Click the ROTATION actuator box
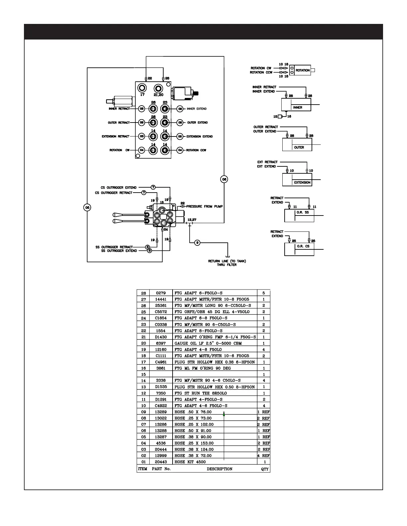point(303,70)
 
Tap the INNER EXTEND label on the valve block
point(197,109)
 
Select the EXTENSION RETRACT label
point(115,136)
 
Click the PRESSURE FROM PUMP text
point(204,207)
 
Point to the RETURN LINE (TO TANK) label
point(227,261)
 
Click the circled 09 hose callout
point(198,243)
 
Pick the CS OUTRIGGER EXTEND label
point(118,188)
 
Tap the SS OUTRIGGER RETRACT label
point(114,247)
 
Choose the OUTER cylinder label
point(299,147)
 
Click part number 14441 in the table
point(161,300)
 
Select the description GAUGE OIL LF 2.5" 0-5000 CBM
point(208,343)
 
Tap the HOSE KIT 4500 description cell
point(190,462)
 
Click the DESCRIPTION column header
point(219,469)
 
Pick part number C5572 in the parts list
point(161,312)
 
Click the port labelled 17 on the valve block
point(142,88)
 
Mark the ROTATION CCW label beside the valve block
point(196,150)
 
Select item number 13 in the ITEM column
point(144,387)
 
